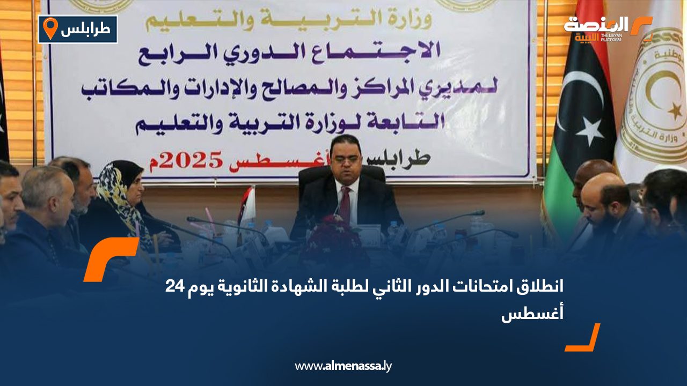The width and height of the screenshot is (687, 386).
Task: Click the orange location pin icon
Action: click(50, 28)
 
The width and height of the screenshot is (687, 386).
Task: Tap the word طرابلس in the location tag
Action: click(86, 29)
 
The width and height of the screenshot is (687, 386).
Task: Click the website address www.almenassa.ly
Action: click(343, 366)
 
